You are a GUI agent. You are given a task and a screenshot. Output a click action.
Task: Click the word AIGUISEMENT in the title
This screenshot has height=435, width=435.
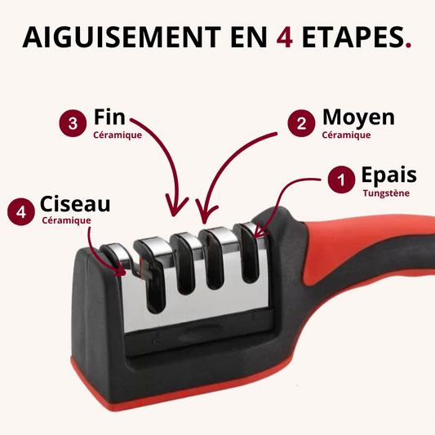pyautogui.click(x=122, y=37)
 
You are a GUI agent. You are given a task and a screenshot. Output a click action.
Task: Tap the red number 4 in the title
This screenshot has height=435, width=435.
pyautogui.click(x=284, y=38)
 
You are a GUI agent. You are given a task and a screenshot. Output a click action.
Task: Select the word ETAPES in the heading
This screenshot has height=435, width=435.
pyautogui.click(x=353, y=37)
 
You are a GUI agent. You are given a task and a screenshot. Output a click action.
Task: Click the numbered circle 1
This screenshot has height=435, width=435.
pyautogui.click(x=341, y=180)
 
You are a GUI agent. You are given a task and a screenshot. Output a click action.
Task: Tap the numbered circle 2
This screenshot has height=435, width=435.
pyautogui.click(x=301, y=123)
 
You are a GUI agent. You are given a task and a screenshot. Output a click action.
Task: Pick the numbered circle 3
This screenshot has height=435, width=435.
pyautogui.click(x=73, y=123)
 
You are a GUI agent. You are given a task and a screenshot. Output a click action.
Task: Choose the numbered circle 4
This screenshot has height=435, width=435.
pyautogui.click(x=21, y=211)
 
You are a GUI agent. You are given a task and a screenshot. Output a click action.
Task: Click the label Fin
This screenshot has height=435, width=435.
pyautogui.click(x=109, y=117)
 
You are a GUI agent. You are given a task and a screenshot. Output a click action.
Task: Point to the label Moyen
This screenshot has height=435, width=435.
pyautogui.click(x=358, y=118)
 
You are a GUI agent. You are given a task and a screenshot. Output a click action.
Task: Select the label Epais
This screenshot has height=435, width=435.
pyautogui.click(x=389, y=175)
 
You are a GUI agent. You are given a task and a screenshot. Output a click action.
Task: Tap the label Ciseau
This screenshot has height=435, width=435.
pyautogui.click(x=75, y=204)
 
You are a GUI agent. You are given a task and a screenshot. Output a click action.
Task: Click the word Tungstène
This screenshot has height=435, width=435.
pyautogui.click(x=386, y=193)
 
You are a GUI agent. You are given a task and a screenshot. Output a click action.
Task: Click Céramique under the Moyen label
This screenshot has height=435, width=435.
pyautogui.click(x=346, y=135)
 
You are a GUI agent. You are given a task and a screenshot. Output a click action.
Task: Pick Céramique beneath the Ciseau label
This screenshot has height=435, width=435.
pyautogui.click(x=67, y=220)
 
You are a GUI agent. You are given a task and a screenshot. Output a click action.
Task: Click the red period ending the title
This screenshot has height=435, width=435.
pyautogui.click(x=408, y=45)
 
